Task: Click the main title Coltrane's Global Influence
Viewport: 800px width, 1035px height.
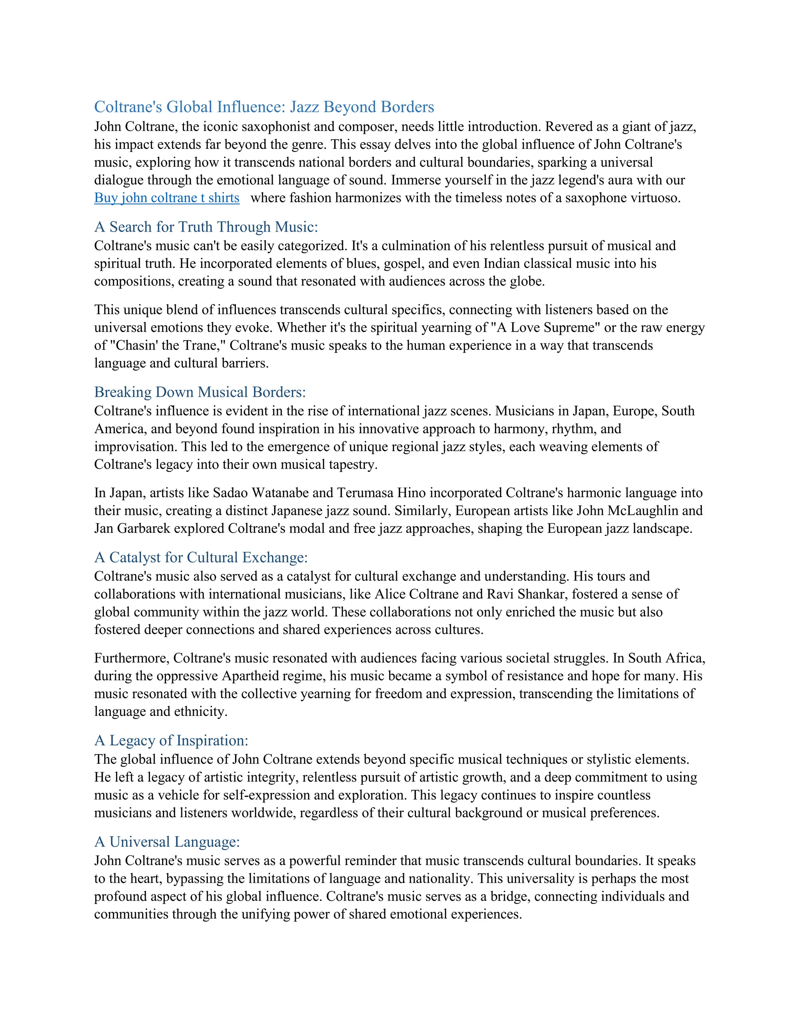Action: point(264,107)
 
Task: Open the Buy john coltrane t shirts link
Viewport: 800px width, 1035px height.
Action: point(167,198)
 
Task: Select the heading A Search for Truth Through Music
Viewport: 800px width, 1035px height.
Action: point(206,227)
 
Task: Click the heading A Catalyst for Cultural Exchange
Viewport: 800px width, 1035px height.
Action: point(201,557)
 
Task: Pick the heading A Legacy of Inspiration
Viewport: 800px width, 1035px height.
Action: point(171,740)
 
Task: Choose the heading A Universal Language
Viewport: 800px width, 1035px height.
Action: point(167,842)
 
